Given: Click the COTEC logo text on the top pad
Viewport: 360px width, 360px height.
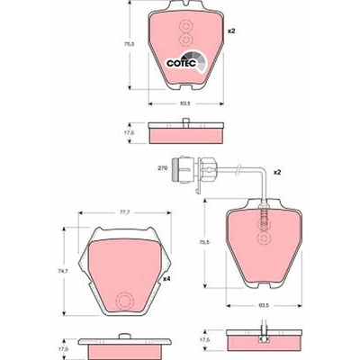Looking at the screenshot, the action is tap(182, 63).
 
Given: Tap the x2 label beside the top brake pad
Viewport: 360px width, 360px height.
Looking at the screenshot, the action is tap(231, 31).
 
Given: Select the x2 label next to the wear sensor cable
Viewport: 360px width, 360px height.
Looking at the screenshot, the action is tap(277, 173).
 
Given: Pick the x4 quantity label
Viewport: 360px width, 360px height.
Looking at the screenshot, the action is tap(166, 279).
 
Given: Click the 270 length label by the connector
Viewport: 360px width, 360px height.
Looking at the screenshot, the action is tap(162, 168).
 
